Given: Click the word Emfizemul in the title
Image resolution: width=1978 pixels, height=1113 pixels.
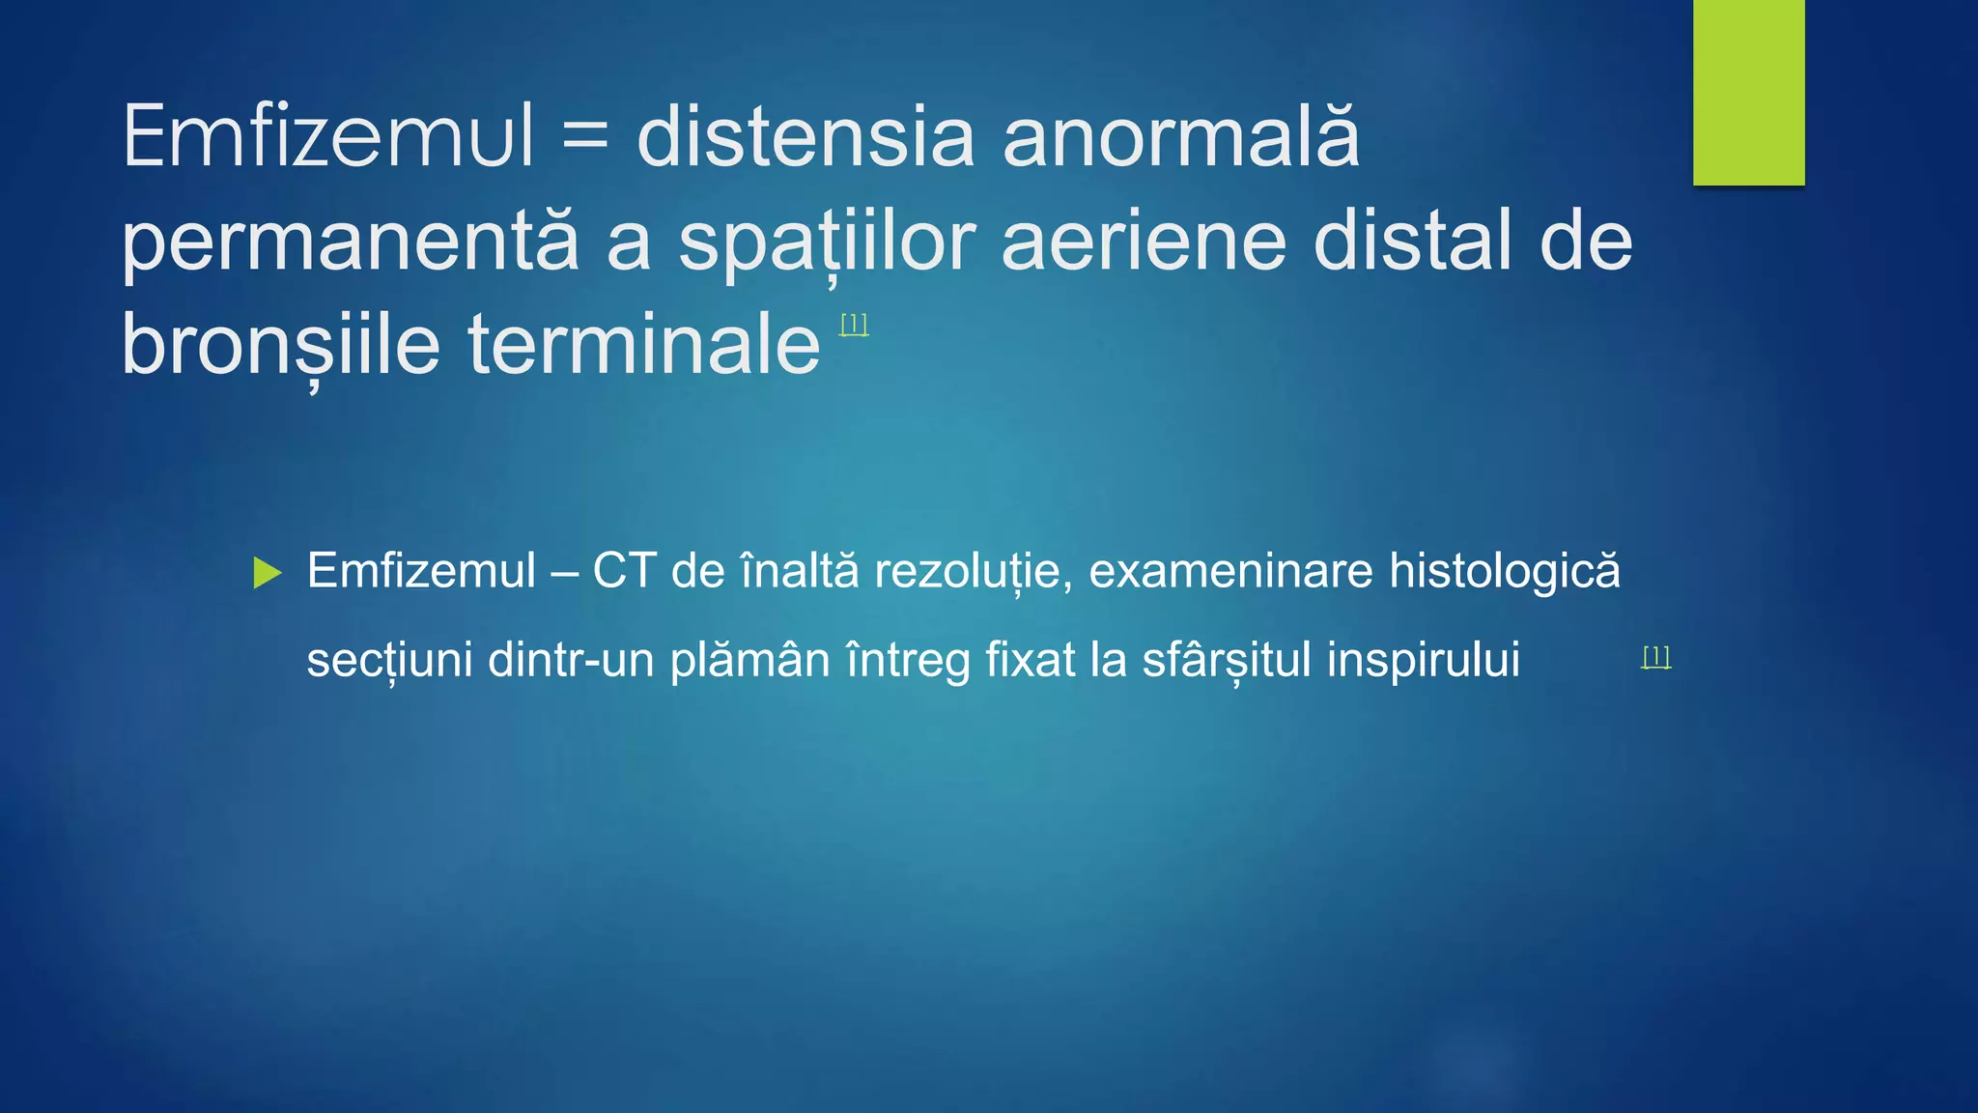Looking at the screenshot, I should tap(328, 137).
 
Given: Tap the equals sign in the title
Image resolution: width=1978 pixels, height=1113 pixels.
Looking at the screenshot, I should tap(585, 137).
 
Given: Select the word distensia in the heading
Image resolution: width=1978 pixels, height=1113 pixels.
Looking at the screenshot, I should tap(805, 137).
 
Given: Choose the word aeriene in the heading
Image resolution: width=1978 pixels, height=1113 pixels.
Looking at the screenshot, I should tap(1144, 242).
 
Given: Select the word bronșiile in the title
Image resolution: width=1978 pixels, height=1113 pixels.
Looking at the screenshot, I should tap(281, 346).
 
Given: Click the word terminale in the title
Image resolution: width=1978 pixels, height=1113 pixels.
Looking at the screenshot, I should tap(644, 346).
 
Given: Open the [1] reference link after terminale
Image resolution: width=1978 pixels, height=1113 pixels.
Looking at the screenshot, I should tap(854, 325).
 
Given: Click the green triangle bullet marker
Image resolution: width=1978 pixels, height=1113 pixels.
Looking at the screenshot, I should tap(266, 573).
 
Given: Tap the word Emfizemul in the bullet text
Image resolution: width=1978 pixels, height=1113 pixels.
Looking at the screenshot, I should tap(421, 570).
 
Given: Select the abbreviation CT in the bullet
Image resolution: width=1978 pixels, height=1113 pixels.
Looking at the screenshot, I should tap(624, 570).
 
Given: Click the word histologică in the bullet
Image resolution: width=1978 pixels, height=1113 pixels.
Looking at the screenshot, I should tap(1504, 572).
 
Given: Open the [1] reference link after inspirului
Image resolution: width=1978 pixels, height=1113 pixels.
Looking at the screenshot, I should tap(1655, 657).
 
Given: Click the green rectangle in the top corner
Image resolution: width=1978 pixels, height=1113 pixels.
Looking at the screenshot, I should tap(1748, 92).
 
